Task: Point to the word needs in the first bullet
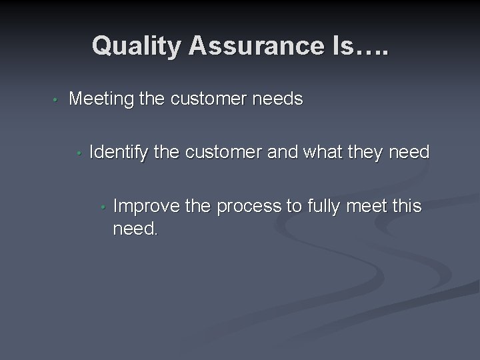coord(277,100)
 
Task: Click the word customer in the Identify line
coord(223,153)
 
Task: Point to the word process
coord(248,207)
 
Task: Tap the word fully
coord(325,207)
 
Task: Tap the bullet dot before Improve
coord(103,207)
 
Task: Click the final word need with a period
coord(136,230)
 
